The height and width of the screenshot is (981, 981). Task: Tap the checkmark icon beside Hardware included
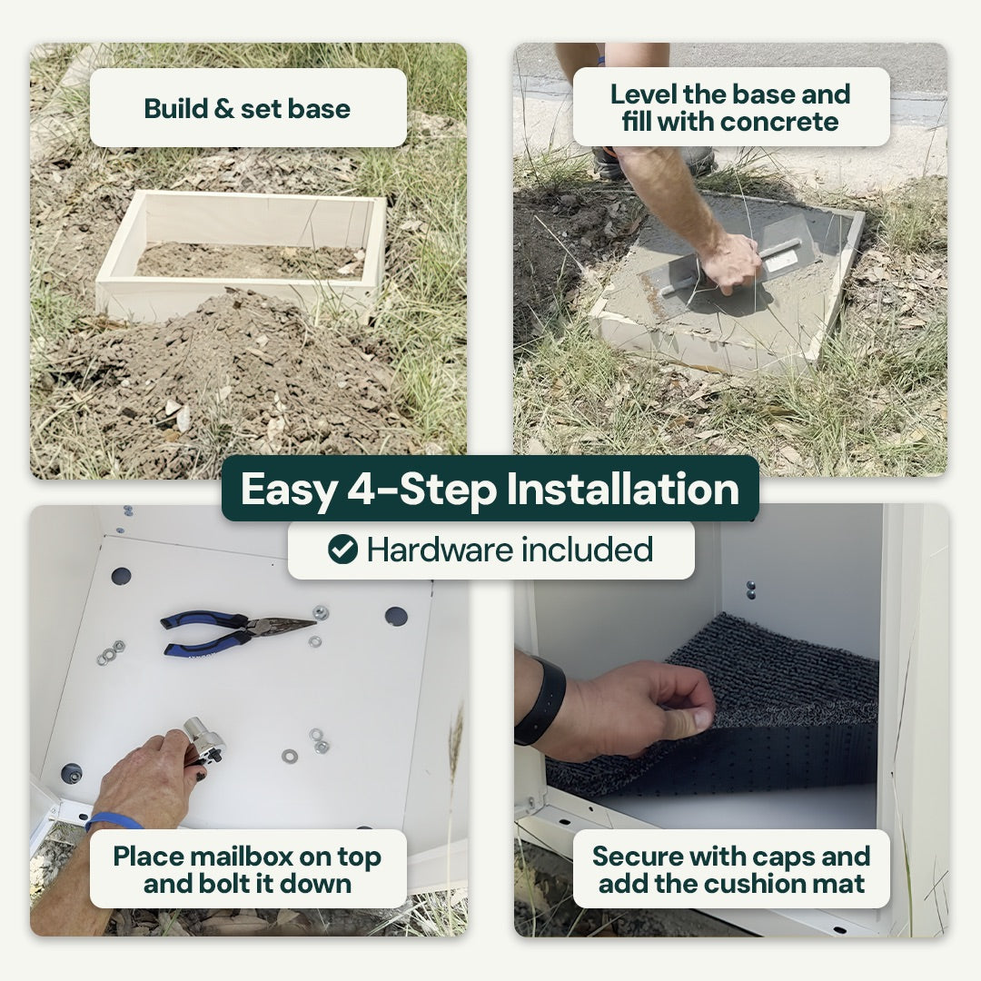342,550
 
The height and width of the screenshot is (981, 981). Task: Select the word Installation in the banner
622,489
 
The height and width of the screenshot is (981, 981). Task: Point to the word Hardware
440,550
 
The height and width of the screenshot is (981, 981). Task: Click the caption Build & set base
247,108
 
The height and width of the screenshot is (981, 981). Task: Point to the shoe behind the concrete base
650,162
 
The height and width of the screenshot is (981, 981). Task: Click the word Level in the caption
643,94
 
